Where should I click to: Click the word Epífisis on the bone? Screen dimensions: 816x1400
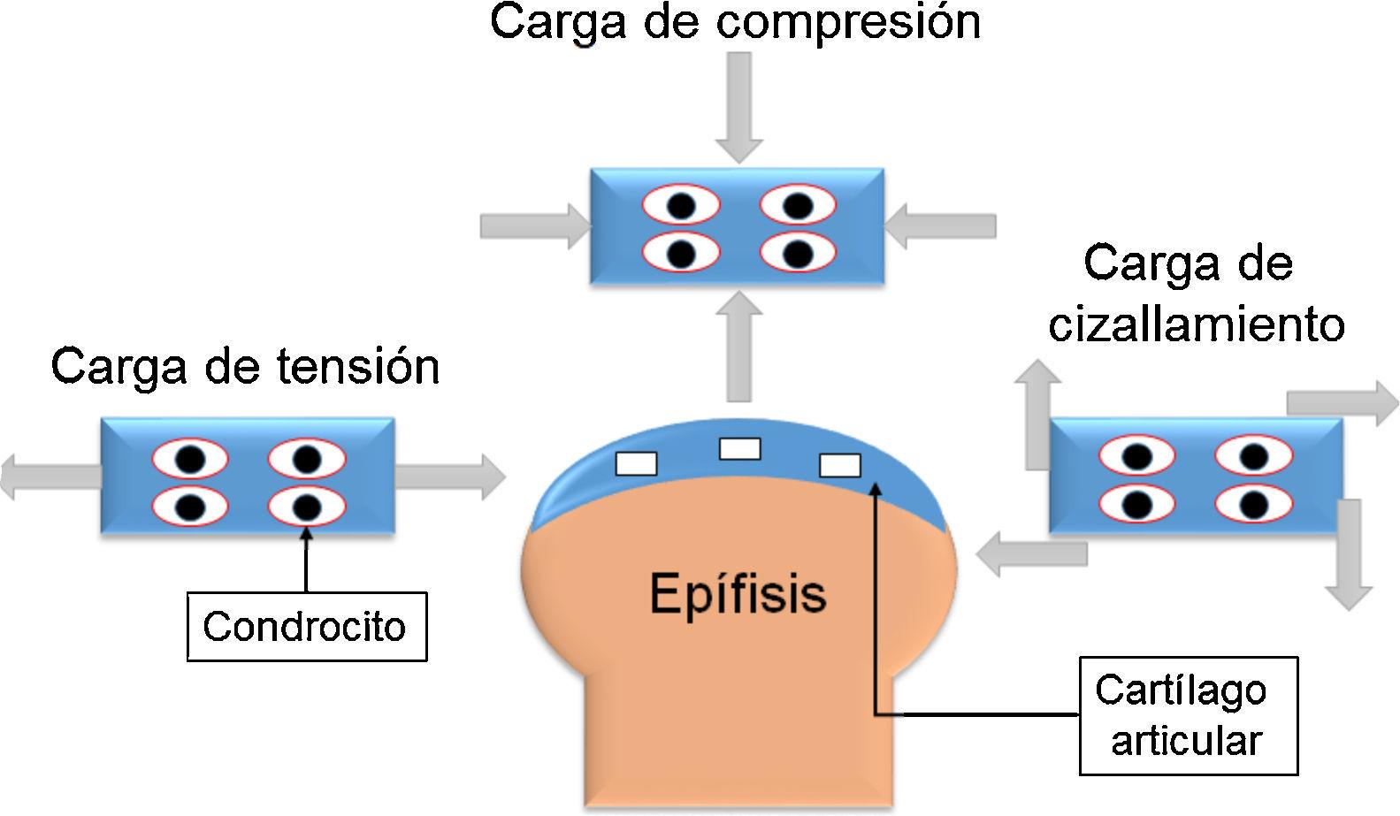738,592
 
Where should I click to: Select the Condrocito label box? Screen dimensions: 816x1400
306,627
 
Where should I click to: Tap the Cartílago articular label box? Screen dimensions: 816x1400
1188,715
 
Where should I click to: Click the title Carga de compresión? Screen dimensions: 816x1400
735,21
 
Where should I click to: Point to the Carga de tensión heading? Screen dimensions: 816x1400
245,365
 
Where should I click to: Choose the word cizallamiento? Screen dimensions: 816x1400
1196,324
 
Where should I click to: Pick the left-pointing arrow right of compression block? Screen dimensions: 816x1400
941,225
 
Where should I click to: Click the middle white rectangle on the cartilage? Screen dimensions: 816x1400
739,448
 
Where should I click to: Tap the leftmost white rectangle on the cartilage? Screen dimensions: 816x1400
636,462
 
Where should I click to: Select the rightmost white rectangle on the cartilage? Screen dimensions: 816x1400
840,464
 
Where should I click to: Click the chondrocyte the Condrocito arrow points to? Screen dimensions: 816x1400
306,507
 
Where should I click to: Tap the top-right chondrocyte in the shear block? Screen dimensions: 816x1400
1253,457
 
